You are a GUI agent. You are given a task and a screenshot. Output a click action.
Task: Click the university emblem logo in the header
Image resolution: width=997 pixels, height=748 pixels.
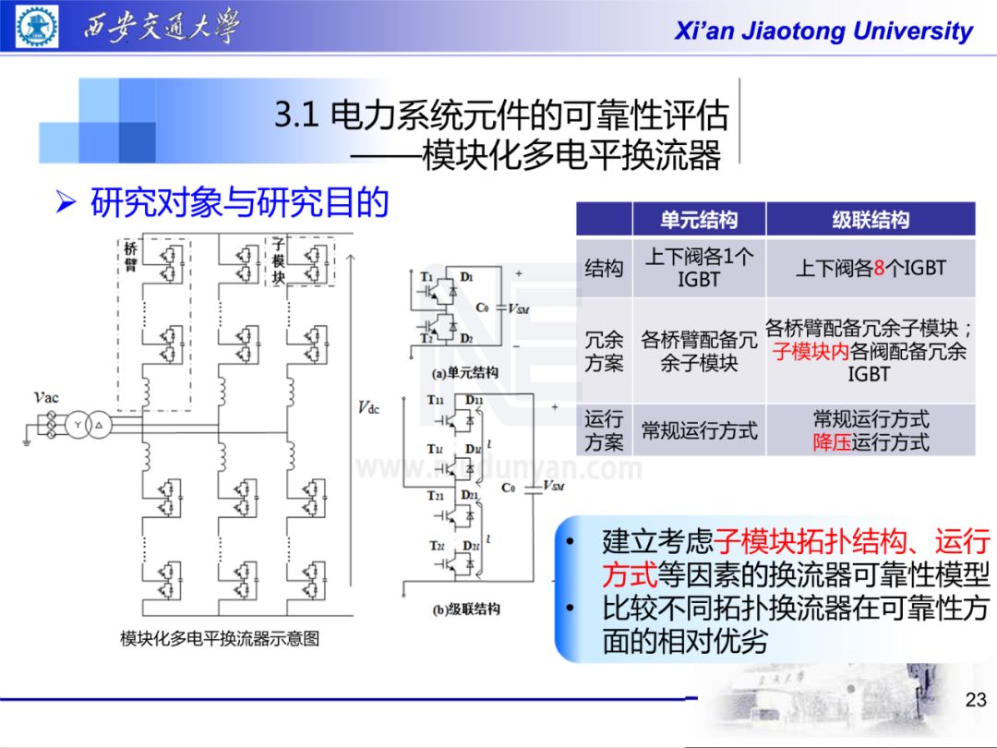pos(38,26)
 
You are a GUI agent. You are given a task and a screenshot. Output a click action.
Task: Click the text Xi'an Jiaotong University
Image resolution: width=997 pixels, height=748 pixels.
pos(823,31)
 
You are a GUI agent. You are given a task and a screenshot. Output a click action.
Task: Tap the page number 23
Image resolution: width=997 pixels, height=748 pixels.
pos(975,700)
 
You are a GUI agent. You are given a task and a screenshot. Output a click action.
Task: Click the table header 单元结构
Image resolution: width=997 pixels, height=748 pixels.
pos(699,220)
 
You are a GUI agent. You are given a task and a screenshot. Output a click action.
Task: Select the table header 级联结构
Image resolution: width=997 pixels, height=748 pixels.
pos(870,220)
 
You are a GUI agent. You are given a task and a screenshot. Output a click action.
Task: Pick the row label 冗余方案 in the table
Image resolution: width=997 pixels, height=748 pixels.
pos(604,351)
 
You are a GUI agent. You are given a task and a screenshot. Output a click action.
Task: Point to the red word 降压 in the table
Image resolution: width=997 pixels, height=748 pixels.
pos(832,442)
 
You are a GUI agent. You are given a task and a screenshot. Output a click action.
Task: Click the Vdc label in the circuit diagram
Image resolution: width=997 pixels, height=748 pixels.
pos(368,408)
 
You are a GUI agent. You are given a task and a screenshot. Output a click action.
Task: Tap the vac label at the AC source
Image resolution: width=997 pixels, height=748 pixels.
pos(46,397)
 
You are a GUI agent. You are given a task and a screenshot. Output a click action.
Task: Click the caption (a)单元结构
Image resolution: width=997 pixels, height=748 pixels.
pos(465,373)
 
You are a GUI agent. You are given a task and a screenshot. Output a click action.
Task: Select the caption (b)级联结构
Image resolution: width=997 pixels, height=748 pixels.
pos(465,609)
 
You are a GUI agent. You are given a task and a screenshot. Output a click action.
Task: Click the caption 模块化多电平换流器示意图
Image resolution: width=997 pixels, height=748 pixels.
pos(220,639)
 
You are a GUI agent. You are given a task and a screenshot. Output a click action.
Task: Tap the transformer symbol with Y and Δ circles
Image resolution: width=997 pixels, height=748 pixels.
pos(90,424)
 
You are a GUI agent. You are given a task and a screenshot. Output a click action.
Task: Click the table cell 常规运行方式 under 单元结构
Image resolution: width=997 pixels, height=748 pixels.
pos(699,430)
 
